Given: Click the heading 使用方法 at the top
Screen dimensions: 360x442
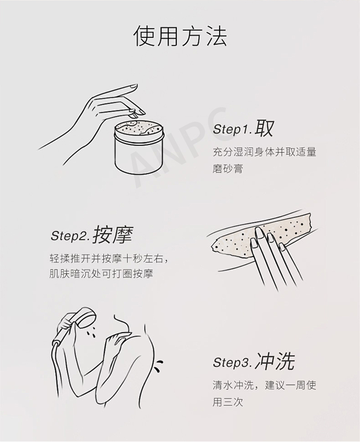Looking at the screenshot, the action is pos(180,36).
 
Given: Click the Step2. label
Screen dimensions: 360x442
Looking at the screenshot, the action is pos(71,236).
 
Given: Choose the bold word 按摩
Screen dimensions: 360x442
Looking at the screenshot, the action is pos(112,234).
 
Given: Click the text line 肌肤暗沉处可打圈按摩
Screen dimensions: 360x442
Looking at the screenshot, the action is pos(101,274).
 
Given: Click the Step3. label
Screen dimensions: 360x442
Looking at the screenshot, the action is pos(233,363).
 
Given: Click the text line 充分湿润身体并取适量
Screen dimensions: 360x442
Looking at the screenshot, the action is pos(265,153).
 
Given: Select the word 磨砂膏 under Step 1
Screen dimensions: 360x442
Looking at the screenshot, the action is pos(228,169).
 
